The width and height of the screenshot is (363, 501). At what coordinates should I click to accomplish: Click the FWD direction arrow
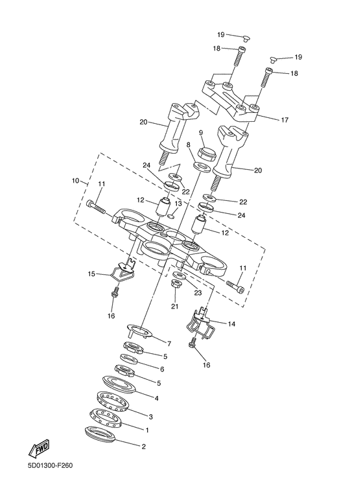40,449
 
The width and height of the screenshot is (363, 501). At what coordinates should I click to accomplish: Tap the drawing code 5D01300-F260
50,474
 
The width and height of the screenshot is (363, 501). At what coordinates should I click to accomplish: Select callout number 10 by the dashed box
75,181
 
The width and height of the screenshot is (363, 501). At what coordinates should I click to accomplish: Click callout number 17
285,120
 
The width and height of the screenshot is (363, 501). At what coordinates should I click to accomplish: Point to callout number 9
201,132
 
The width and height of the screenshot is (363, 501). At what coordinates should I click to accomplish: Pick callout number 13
178,204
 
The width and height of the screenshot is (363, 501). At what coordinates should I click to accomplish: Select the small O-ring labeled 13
172,216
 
